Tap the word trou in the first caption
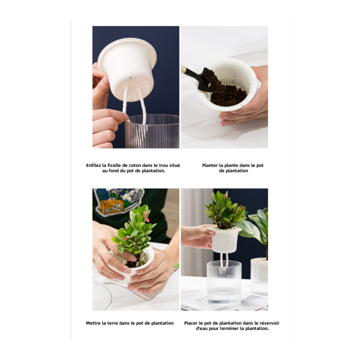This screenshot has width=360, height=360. click(160, 165)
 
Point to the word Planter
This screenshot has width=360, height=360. click(211, 165)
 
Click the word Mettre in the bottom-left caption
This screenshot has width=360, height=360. click(93, 323)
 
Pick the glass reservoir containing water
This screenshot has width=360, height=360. click(224, 283)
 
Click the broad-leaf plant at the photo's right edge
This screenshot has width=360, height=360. click(259, 229)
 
